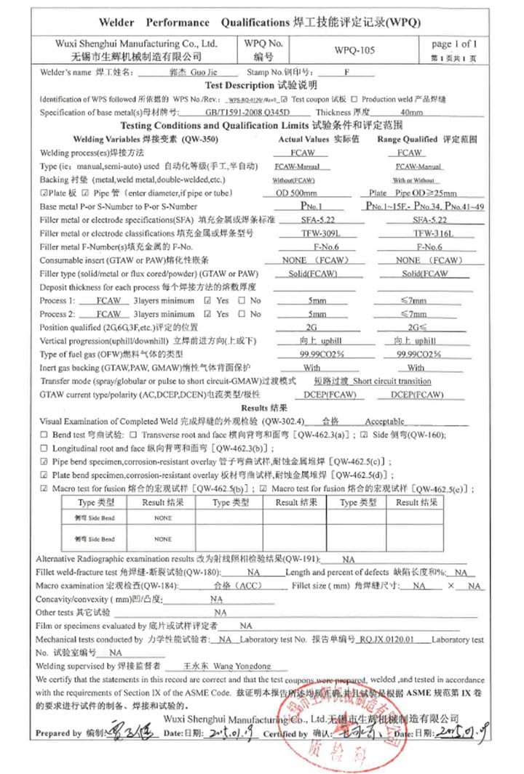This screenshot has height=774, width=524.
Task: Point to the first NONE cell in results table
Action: [x=163, y=518]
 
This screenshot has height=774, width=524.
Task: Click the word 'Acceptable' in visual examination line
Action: [x=384, y=421]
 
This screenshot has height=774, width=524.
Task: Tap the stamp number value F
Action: [x=347, y=73]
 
